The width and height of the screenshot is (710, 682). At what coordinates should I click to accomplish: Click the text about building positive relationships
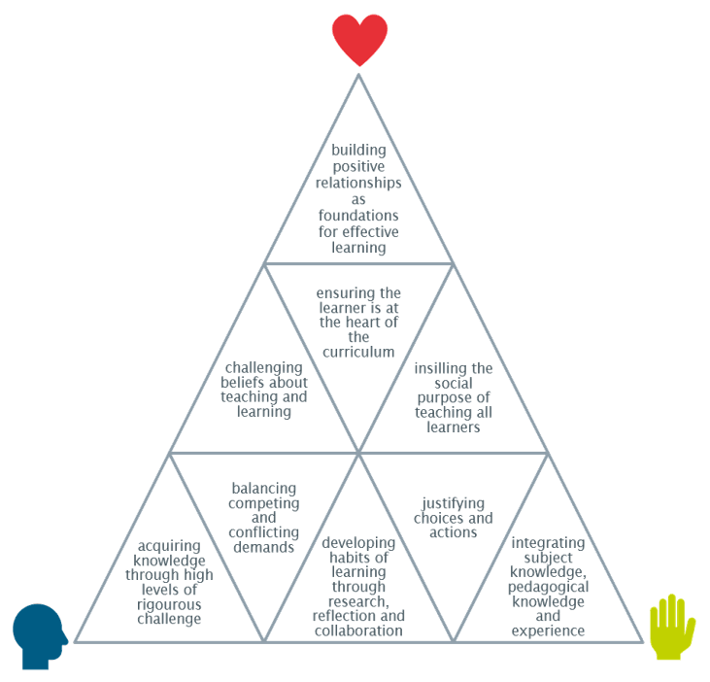coord(359,199)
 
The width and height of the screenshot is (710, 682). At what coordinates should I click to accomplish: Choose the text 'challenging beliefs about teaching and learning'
coord(264,390)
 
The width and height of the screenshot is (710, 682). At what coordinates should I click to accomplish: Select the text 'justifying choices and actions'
coord(454,518)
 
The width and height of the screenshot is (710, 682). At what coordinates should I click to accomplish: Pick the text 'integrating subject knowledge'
coord(548,587)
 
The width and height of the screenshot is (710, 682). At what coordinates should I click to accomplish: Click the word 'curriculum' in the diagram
coord(359,353)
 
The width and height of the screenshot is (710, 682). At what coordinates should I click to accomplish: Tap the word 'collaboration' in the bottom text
coord(359,631)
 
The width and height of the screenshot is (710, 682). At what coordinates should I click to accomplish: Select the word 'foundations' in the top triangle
coord(359,219)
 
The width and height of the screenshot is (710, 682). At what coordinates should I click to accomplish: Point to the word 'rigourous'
coord(170,604)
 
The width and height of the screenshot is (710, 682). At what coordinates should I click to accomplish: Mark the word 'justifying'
coord(454,503)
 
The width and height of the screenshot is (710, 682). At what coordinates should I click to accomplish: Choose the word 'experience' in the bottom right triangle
coord(548,631)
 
